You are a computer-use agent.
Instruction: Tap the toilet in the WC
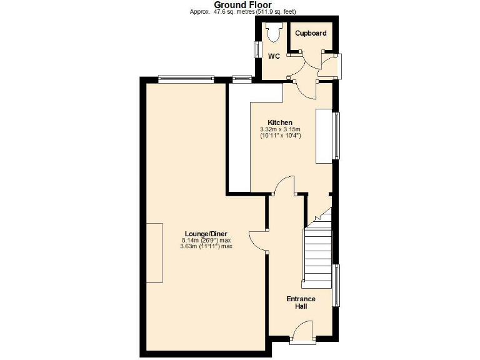[x=273, y=32]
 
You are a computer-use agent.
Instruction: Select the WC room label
[x=274, y=56]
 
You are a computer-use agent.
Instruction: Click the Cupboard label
[x=311, y=33]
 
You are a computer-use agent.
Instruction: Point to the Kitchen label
[x=280, y=122]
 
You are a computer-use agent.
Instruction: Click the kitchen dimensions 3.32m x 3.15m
[x=280, y=129]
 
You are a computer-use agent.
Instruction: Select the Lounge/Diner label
[x=206, y=233]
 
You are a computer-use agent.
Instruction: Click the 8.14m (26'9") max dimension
[x=206, y=240]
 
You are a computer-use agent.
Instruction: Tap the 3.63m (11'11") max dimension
[x=206, y=246]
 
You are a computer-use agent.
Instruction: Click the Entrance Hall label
[x=301, y=302]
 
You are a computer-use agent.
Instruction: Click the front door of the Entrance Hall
[x=304, y=331]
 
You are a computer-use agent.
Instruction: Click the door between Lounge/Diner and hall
[x=257, y=241]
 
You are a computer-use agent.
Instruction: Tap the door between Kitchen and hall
[x=284, y=186]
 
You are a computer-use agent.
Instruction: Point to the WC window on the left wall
[x=257, y=50]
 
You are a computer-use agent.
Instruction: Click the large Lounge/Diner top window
[x=186, y=79]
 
